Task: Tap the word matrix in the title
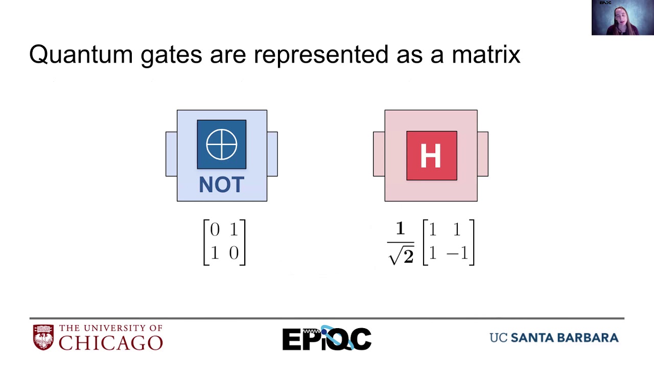486,54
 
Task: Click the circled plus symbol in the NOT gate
222,144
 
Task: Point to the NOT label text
222,185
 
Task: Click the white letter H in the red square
431,156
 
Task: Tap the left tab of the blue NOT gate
171,154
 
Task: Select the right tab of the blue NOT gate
272,154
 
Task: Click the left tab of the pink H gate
379,154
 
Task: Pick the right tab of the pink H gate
483,154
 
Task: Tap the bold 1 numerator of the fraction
400,229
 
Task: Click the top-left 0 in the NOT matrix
215,230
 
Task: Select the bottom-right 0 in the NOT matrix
234,253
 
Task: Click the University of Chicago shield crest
43,337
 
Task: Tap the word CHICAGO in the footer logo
110,342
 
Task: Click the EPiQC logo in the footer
326,338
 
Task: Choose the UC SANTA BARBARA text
554,338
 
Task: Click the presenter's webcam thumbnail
622,18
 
